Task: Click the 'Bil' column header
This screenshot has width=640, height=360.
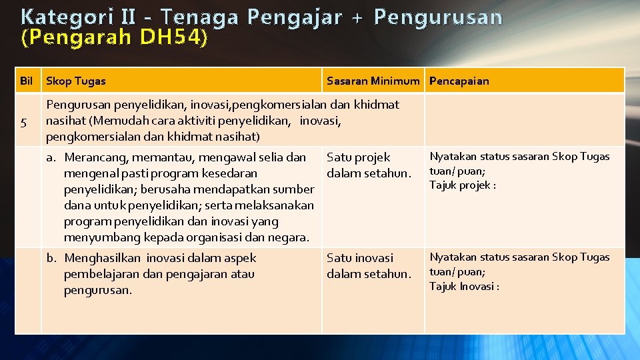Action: tap(27, 81)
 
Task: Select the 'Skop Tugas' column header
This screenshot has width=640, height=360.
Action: tap(75, 81)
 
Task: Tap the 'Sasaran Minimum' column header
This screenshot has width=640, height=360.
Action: tap(373, 81)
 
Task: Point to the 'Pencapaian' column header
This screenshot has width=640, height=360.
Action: tap(459, 81)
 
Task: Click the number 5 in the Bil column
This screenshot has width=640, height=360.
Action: tap(24, 122)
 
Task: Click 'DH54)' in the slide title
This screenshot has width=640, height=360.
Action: tap(173, 39)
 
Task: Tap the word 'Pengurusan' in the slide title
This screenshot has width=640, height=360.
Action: tap(438, 17)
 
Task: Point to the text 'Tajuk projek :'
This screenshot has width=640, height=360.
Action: tap(463, 185)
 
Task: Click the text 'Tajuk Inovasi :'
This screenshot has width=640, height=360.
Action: tap(464, 287)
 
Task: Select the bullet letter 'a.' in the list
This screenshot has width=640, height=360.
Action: tap(51, 158)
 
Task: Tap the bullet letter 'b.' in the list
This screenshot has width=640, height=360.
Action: tap(51, 258)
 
